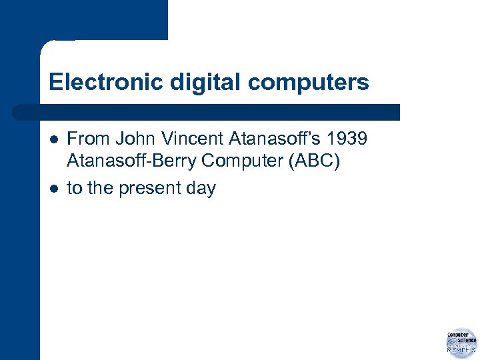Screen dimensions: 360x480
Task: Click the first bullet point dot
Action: coord(53,139)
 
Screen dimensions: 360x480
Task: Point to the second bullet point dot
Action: coord(53,189)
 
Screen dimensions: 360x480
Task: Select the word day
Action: coord(201,189)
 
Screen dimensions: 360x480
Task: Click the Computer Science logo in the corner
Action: coord(461,341)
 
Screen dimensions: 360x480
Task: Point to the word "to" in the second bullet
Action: coord(75,189)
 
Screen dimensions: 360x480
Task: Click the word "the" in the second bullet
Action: coord(100,189)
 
